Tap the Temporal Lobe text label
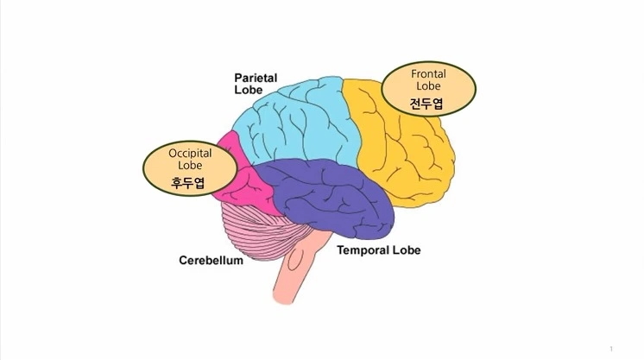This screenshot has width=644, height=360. [x=379, y=250]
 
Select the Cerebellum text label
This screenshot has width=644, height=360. [x=211, y=260]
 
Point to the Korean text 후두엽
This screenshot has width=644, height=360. [x=189, y=181]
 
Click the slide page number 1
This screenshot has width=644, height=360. [x=611, y=349]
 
